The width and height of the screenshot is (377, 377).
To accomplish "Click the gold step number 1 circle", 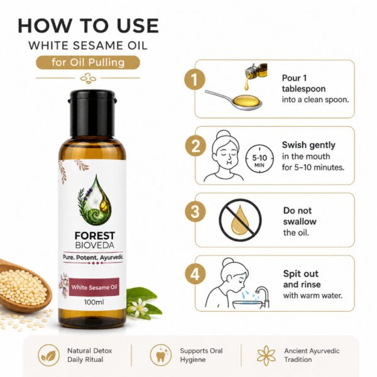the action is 195,79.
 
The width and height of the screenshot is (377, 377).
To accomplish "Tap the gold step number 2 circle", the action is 195,146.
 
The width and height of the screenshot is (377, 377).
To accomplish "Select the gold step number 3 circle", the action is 195,211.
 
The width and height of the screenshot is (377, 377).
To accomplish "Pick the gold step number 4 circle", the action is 195,274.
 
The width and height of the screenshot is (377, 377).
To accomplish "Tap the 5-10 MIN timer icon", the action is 260,159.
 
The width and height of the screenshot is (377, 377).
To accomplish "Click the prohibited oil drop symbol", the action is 240,220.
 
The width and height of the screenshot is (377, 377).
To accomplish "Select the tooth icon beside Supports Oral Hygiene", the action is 161,355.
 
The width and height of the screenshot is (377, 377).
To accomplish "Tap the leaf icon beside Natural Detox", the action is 49,355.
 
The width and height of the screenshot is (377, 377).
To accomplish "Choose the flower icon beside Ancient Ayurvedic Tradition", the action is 266,356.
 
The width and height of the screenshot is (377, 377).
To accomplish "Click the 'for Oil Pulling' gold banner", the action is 88,62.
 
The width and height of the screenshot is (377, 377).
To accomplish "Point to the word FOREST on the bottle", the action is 95,236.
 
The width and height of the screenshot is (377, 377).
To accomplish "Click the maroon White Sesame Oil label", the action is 94,287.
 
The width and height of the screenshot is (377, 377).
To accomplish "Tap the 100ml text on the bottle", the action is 94,302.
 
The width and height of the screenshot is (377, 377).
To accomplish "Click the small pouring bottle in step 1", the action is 255,72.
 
